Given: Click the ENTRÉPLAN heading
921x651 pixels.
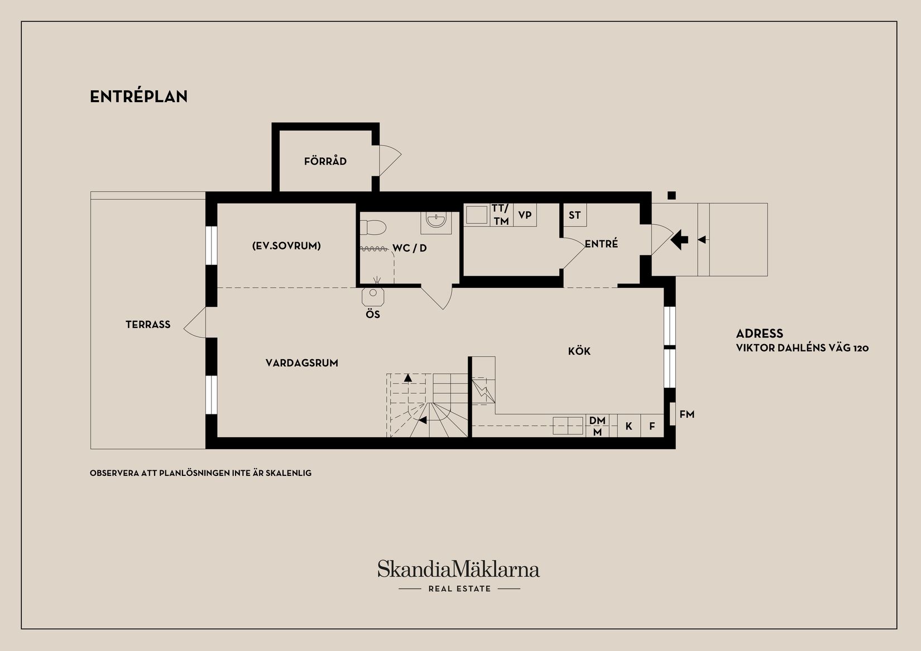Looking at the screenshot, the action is pyautogui.click(x=138, y=97).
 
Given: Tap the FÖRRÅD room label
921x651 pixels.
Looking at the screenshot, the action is pyautogui.click(x=325, y=161).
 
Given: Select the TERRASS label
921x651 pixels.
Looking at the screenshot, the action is pyautogui.click(x=148, y=325).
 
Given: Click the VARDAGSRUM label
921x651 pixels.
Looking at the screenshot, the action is pyautogui.click(x=302, y=363).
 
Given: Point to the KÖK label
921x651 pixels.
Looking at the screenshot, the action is pyautogui.click(x=579, y=351).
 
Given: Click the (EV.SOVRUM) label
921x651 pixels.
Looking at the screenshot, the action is pyautogui.click(x=286, y=246).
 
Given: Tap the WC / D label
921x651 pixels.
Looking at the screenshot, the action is pyautogui.click(x=410, y=248).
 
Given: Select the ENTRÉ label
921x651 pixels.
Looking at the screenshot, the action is pyautogui.click(x=601, y=243).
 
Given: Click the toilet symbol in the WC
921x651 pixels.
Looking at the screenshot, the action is pyautogui.click(x=373, y=226).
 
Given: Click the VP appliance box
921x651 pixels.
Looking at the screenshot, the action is pyautogui.click(x=525, y=215).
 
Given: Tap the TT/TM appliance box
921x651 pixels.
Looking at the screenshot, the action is pyautogui.click(x=501, y=215).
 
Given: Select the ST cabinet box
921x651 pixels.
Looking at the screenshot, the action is pyautogui.click(x=575, y=215).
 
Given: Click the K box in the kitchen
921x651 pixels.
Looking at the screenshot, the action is pyautogui.click(x=629, y=426).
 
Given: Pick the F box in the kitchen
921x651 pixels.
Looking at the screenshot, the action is pyautogui.click(x=652, y=426).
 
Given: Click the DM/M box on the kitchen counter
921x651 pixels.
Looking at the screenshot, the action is pyautogui.click(x=597, y=426).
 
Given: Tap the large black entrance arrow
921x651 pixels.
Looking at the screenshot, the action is pyautogui.click(x=680, y=240).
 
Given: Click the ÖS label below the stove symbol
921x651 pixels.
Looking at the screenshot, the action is pyautogui.click(x=373, y=315).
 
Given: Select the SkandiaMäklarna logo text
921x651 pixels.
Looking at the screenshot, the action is pyautogui.click(x=459, y=569).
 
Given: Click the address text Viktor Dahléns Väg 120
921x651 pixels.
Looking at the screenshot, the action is pyautogui.click(x=802, y=348).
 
